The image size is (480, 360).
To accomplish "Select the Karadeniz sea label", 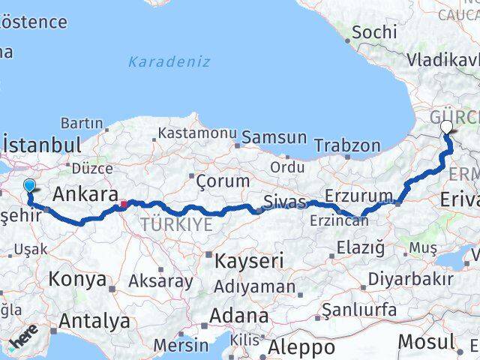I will [169, 61].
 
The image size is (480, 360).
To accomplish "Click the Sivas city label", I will [284, 202].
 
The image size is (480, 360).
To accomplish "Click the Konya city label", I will [77, 280].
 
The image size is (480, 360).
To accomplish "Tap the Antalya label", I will [94, 321].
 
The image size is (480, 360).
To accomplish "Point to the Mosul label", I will [425, 341].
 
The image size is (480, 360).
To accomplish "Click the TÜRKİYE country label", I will [175, 223].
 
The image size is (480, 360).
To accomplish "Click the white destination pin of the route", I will [447, 127].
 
